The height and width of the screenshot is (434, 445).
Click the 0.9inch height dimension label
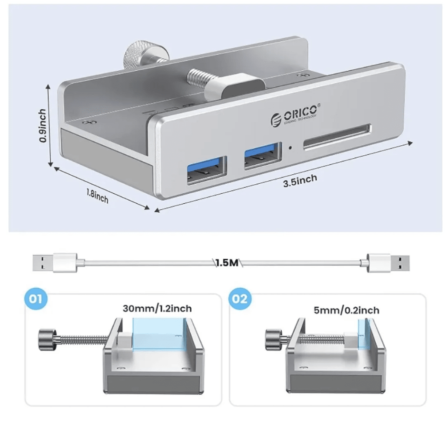43,125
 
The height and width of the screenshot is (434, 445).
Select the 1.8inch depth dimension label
97,196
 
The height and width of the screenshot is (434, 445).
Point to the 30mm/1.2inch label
158,309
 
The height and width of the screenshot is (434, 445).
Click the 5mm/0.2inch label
346,310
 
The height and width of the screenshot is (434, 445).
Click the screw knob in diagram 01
46,337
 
